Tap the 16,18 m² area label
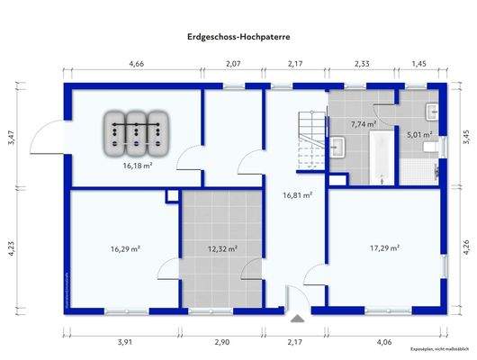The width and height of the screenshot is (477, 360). (137, 166)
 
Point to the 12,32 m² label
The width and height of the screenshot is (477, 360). (222, 248)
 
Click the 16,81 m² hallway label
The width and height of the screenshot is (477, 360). (297, 193)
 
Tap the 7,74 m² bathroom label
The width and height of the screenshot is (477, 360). (364, 124)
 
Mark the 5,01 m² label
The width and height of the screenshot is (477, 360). (419, 135)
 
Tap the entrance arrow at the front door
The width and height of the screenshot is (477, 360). (296, 317)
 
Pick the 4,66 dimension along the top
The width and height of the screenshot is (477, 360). (137, 64)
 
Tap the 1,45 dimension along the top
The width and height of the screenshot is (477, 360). (419, 64)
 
